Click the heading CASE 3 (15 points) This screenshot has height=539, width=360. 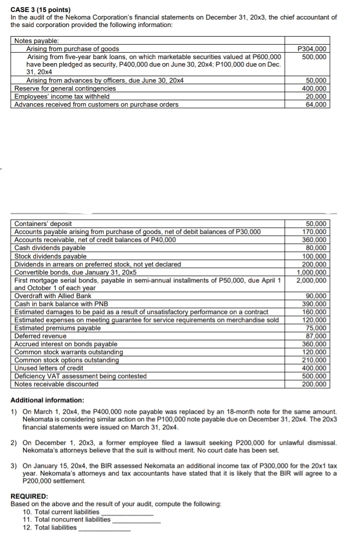pyautogui.click(x=41, y=10)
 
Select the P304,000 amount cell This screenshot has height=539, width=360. pyautogui.click(x=312, y=49)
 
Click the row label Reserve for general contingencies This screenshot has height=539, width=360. pyautogui.click(x=65, y=89)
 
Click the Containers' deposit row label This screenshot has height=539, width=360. pyautogui.click(x=43, y=223)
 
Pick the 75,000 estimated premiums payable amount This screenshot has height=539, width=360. pyautogui.click(x=316, y=328)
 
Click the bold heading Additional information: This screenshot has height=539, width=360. pyautogui.click(x=47, y=400)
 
